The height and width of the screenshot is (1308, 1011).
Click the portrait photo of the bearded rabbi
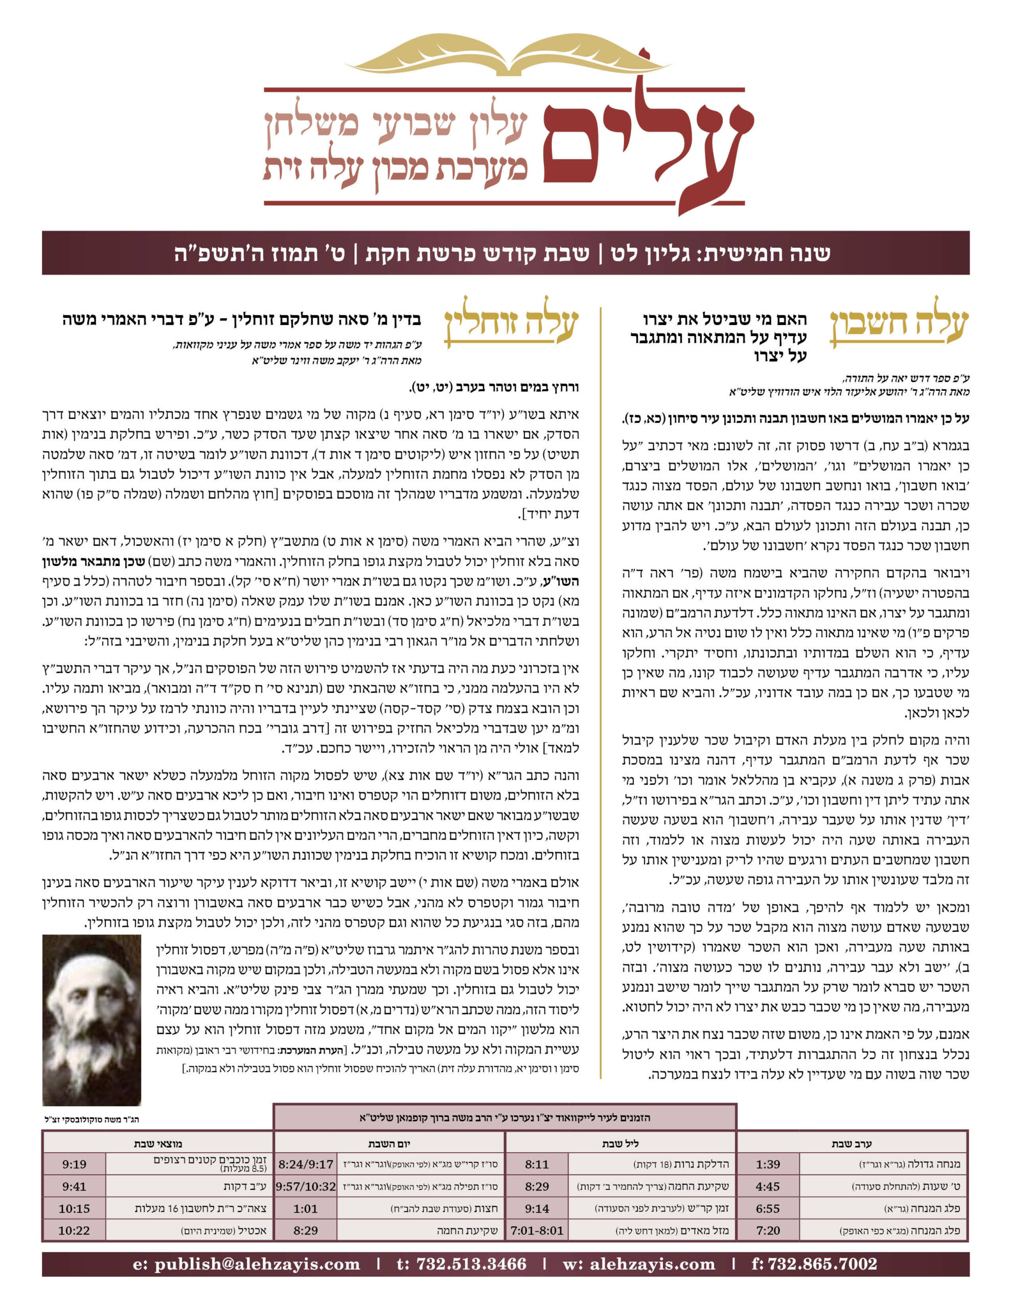click(x=91, y=1019)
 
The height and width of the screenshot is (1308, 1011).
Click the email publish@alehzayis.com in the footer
click(x=246, y=1264)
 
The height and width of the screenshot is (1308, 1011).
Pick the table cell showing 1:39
click(x=768, y=1164)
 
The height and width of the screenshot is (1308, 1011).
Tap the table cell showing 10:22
click(x=74, y=1231)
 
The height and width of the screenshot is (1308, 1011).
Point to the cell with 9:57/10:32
click(x=306, y=1186)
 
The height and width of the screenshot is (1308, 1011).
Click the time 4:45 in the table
click(x=768, y=1186)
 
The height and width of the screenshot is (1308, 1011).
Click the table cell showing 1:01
click(x=306, y=1208)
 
